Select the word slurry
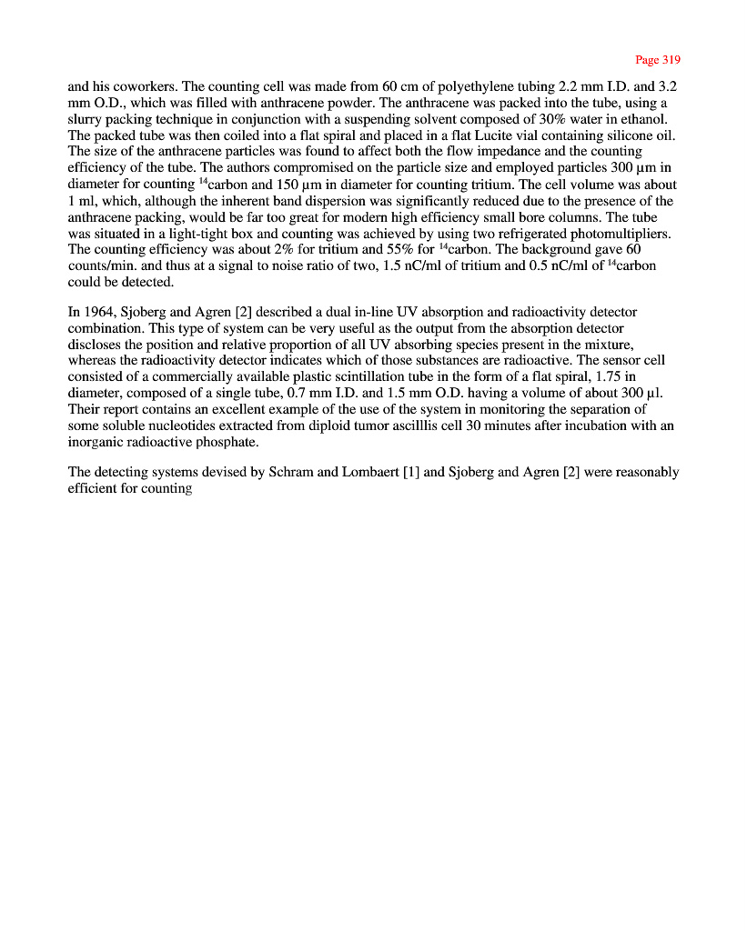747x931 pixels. [x=85, y=119]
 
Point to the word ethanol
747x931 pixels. [x=642, y=119]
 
